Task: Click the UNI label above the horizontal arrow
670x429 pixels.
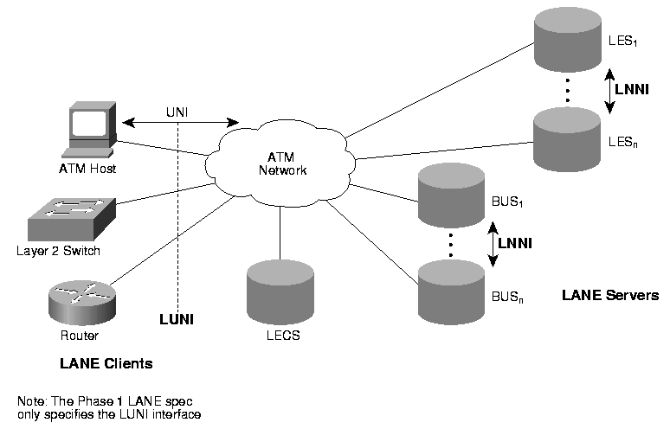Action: coord(178,111)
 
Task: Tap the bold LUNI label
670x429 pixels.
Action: coord(177,319)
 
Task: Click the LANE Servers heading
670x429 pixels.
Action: coord(609,295)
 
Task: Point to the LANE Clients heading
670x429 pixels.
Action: coord(106,364)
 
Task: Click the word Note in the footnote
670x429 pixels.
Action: coord(30,402)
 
